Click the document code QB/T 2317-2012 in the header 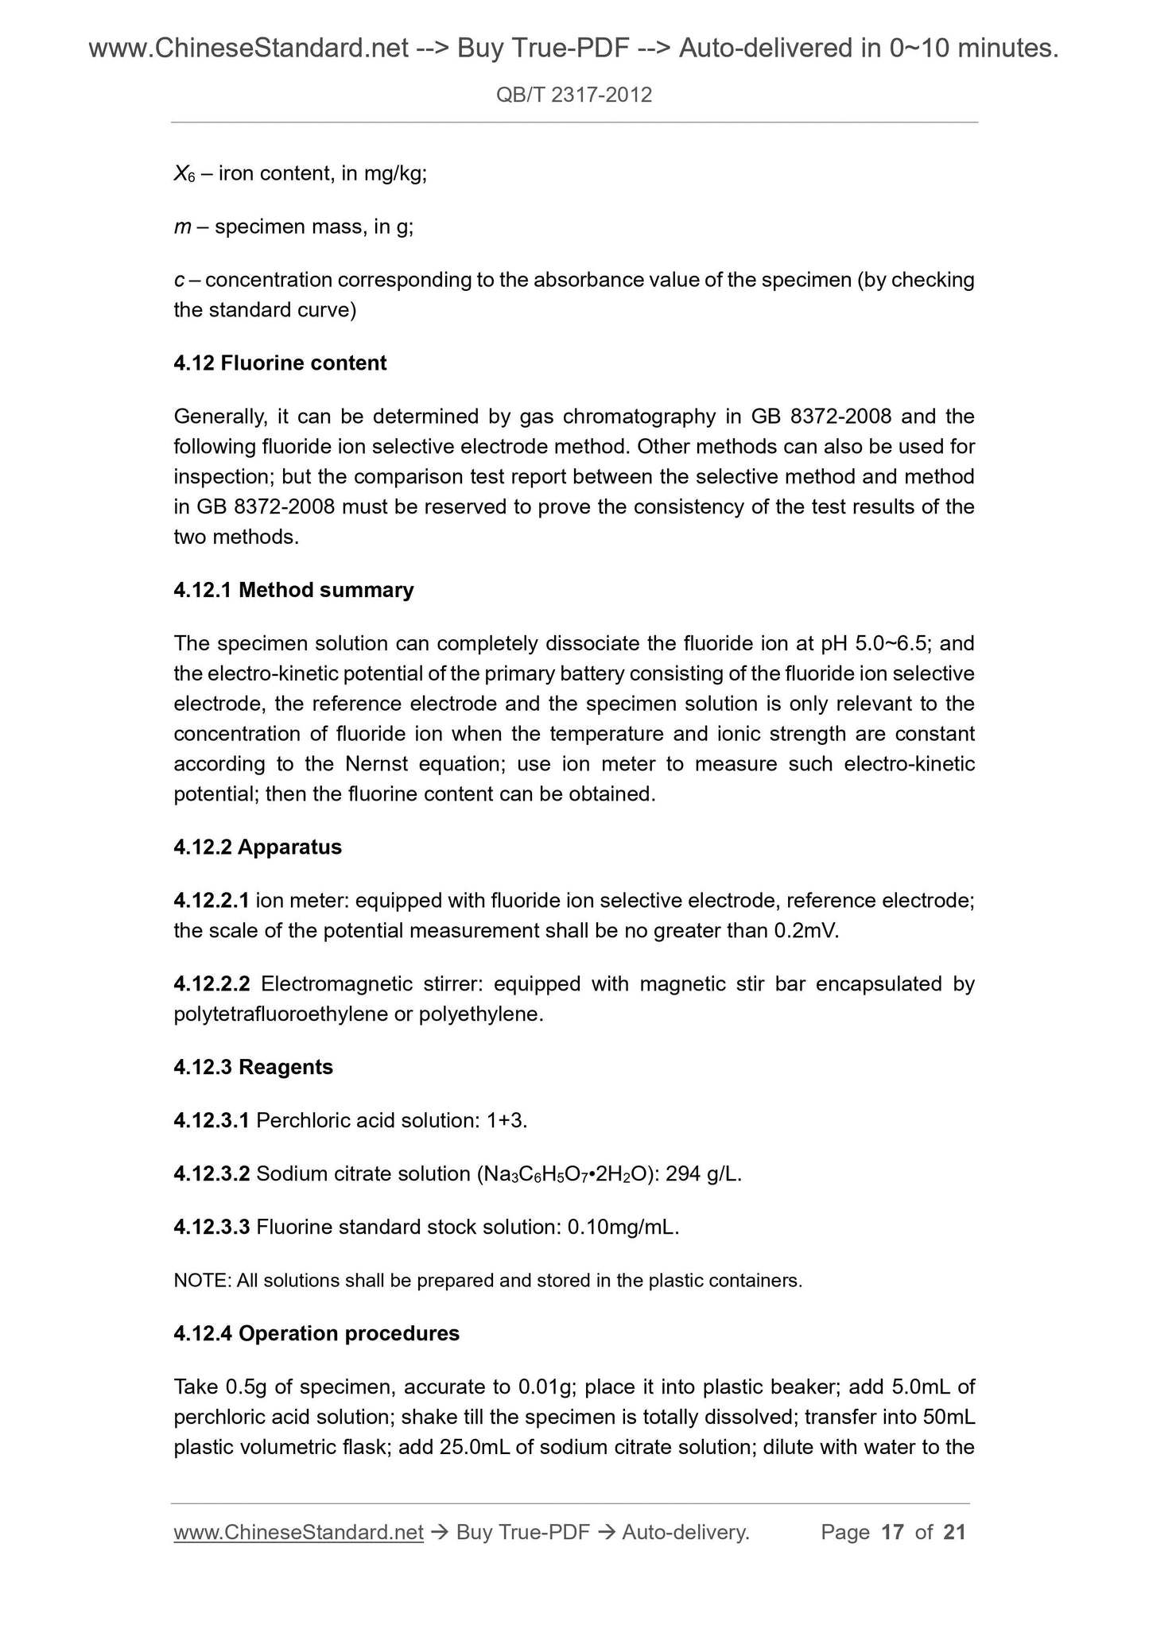pos(573,95)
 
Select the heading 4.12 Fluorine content pos(280,363)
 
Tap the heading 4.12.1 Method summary pos(293,591)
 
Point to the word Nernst pos(376,764)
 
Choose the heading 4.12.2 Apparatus pos(258,847)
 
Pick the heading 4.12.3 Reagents pos(253,1068)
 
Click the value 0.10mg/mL pos(622,1227)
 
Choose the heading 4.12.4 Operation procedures pos(316,1334)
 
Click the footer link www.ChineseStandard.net pos(298,1533)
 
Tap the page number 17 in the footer pos(893,1533)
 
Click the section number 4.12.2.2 pos(212,984)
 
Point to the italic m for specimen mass pos(181,228)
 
